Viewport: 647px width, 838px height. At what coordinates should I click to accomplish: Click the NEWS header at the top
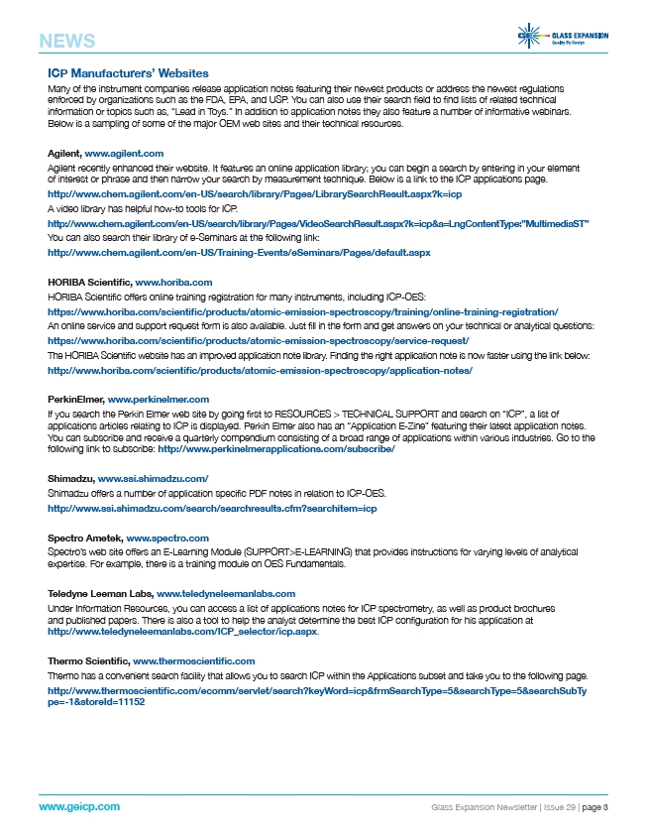67,41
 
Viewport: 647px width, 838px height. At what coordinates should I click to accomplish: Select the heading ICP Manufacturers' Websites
128,73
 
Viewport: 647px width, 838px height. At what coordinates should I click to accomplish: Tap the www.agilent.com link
124,154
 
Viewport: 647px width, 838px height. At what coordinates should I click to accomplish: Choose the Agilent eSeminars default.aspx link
239,253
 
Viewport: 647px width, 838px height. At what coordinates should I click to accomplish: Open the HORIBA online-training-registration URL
303,311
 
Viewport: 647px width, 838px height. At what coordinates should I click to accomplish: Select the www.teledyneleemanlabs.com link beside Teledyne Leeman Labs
226,593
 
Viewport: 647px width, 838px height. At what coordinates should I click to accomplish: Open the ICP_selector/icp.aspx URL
182,631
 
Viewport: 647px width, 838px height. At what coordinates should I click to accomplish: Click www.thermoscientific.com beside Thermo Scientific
193,660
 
